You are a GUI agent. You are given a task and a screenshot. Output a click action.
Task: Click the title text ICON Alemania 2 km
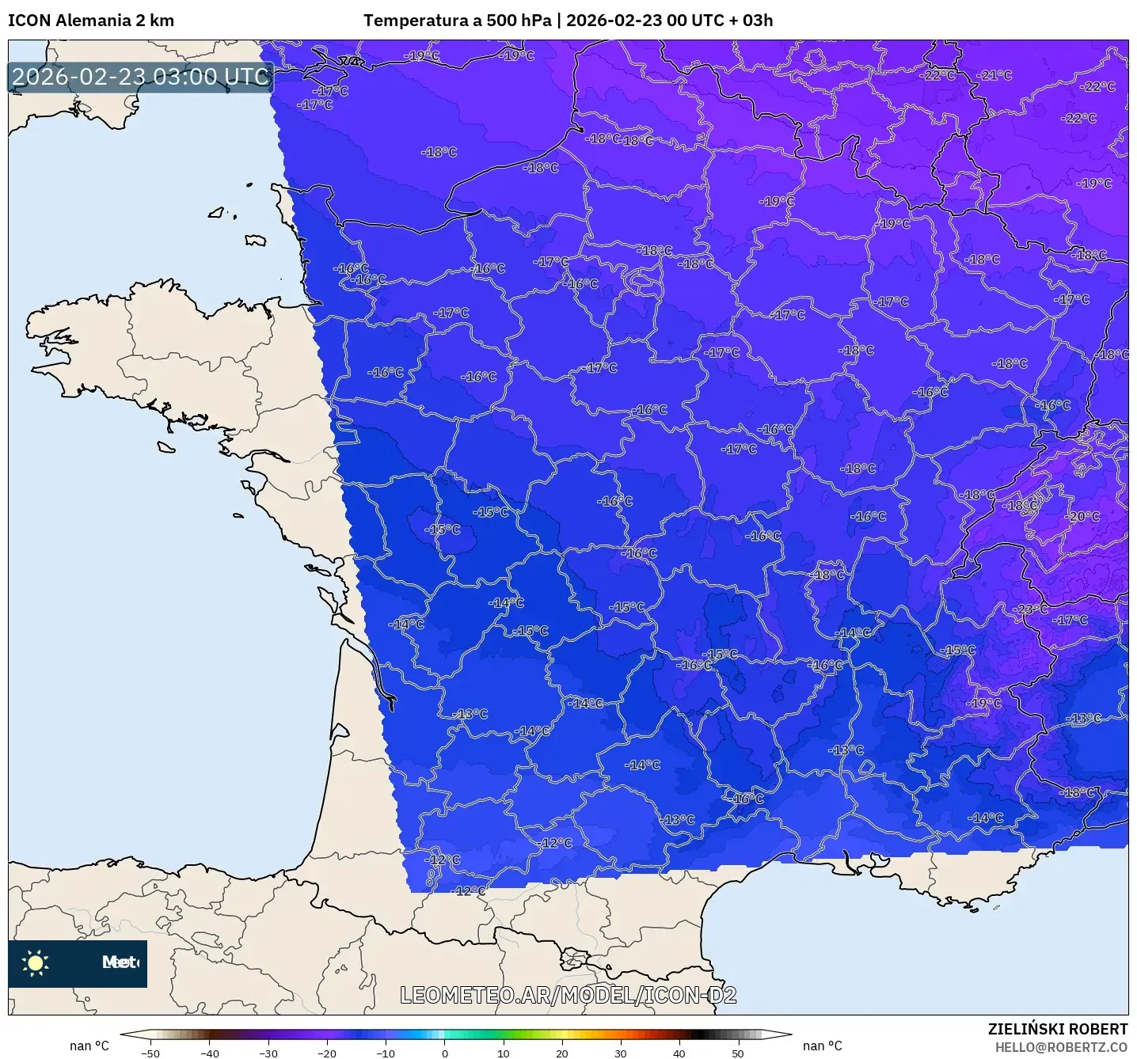pyautogui.click(x=91, y=21)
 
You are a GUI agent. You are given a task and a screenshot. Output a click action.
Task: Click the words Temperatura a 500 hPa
pyautogui.click(x=457, y=21)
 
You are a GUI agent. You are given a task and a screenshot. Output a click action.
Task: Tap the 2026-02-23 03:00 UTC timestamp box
pyautogui.click(x=140, y=77)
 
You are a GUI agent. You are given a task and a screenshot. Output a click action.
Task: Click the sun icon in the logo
pyautogui.click(x=36, y=962)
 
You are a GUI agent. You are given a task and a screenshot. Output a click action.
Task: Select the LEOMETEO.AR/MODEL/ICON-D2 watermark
pyautogui.click(x=568, y=995)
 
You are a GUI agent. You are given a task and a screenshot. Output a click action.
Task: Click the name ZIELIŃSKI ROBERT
pyautogui.click(x=1057, y=1029)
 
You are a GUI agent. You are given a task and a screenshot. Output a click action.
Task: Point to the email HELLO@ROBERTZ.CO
pyautogui.click(x=1060, y=1047)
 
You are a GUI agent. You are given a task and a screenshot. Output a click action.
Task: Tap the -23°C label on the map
pyautogui.click(x=1030, y=609)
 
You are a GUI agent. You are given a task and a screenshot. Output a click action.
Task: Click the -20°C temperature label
pyautogui.click(x=1084, y=516)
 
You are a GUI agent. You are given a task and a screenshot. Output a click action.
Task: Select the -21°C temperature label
pyautogui.click(x=995, y=75)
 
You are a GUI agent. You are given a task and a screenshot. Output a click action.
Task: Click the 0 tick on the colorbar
pyautogui.click(x=445, y=1053)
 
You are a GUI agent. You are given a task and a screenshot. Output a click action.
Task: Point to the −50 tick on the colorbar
pyautogui.click(x=150, y=1053)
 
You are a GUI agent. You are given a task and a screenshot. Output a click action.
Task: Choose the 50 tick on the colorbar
pyautogui.click(x=738, y=1053)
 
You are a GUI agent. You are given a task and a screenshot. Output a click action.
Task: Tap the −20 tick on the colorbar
pyautogui.click(x=326, y=1053)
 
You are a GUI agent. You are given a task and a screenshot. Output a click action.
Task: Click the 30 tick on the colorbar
pyautogui.click(x=621, y=1053)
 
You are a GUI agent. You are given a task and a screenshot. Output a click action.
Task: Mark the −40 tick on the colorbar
pyautogui.click(x=209, y=1053)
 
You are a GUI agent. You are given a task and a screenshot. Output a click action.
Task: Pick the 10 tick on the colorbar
pyautogui.click(x=504, y=1053)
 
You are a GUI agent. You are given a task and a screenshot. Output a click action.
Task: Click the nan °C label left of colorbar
pyautogui.click(x=89, y=1046)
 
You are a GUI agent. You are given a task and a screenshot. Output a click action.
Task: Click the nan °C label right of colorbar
pyautogui.click(x=822, y=1046)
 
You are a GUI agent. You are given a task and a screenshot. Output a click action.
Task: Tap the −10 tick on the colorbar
pyautogui.click(x=385, y=1053)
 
